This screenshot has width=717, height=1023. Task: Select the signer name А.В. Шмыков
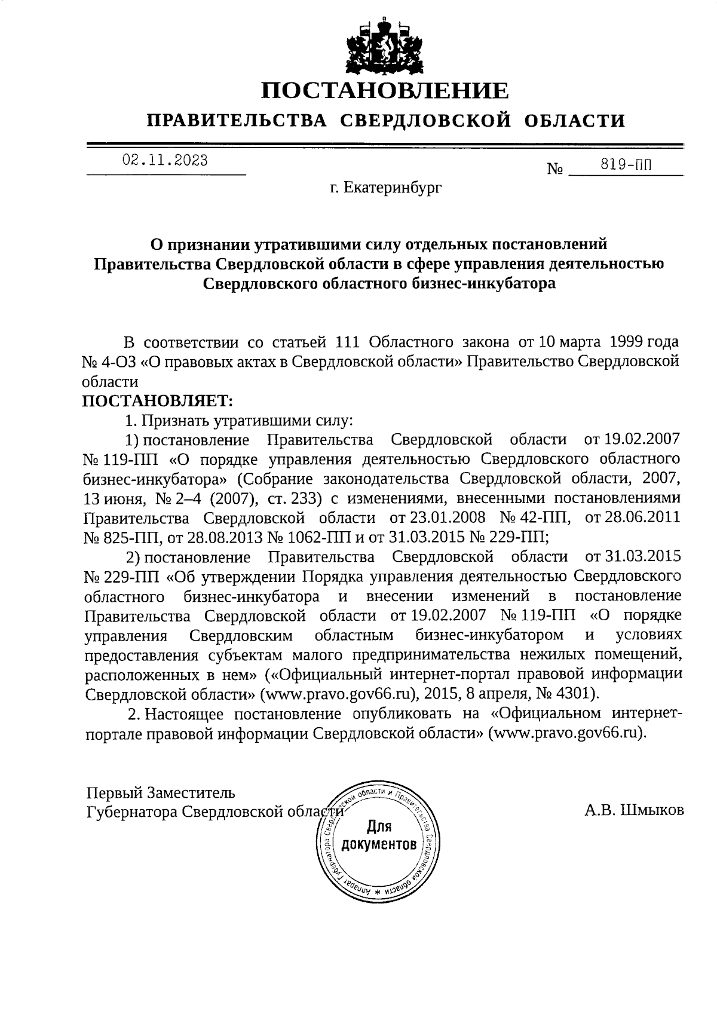(x=635, y=810)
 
